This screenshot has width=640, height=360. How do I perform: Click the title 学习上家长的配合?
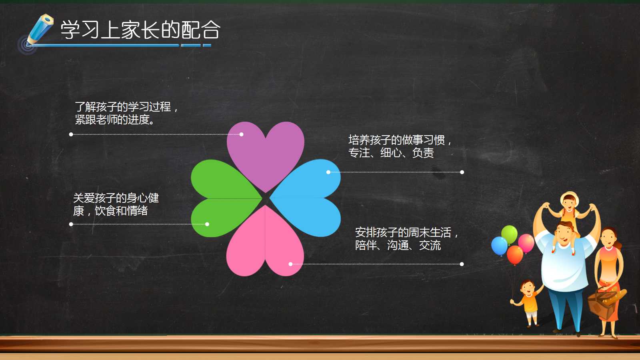140,30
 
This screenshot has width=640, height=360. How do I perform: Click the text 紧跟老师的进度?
114,120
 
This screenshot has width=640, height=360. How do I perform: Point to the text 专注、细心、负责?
391,153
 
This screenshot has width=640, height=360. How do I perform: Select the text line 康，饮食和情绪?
110,211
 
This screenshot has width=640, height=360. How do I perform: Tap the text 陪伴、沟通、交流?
398,245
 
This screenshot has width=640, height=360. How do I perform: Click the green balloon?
509,234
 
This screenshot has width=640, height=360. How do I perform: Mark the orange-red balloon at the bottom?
515,254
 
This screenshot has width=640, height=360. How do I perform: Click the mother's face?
608,238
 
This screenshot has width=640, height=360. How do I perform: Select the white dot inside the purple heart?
241,134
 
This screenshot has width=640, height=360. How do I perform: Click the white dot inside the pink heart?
290,264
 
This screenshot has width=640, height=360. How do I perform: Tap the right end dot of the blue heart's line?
462,172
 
